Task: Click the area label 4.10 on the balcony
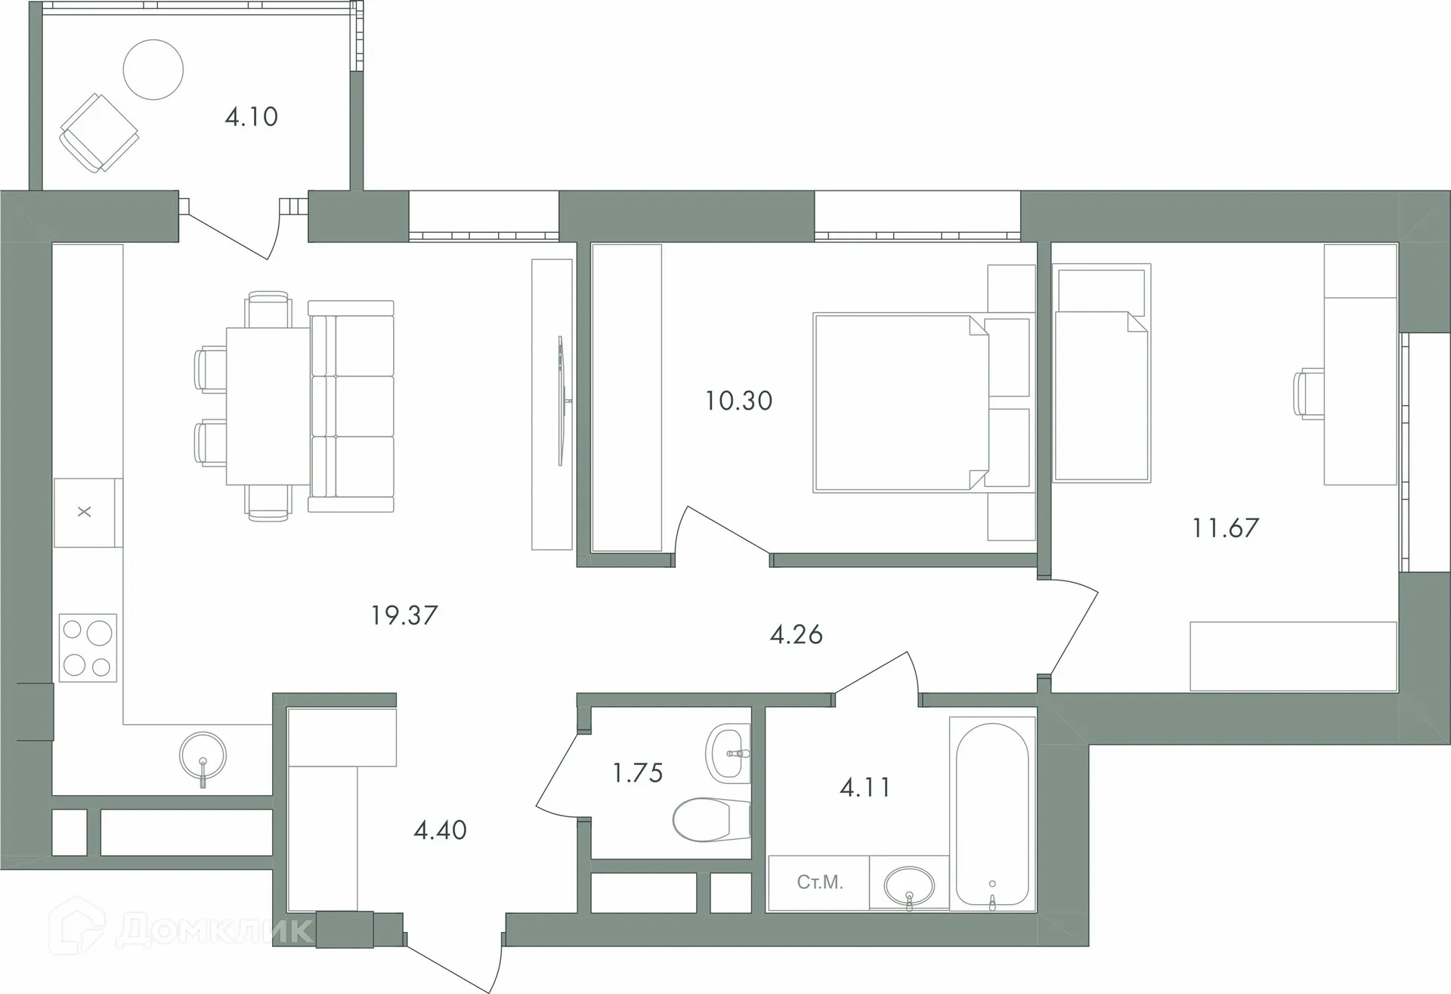[x=252, y=117]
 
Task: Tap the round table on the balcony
[x=153, y=70]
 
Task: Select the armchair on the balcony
[x=99, y=133]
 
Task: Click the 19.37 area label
[x=404, y=615]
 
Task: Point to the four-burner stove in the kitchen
[x=88, y=648]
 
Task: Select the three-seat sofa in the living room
[x=351, y=406]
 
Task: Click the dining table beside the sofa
[x=268, y=406]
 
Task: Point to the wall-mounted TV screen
[x=563, y=401]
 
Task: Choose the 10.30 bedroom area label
[x=739, y=401]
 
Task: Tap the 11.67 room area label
[x=1226, y=528]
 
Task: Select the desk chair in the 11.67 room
[x=1309, y=394]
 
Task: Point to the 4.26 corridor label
[x=797, y=635]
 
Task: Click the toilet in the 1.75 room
[x=710, y=820]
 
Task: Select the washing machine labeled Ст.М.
[x=819, y=883]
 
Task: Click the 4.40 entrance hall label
[x=441, y=831]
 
